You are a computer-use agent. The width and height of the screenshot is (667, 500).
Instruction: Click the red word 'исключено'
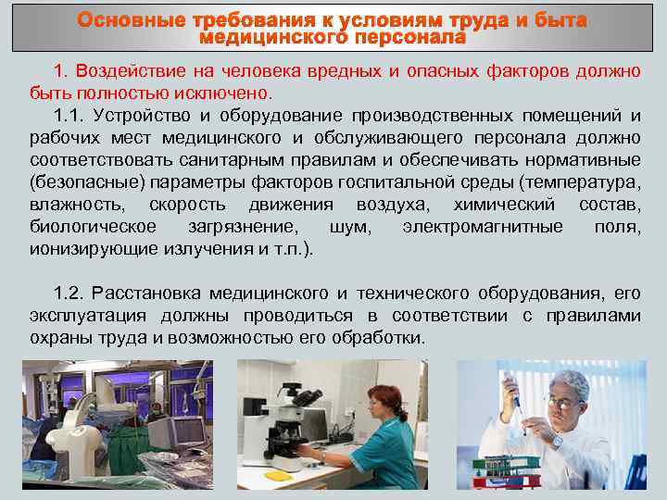(x=232, y=94)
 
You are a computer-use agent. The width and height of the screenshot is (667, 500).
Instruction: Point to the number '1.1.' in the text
(x=69, y=116)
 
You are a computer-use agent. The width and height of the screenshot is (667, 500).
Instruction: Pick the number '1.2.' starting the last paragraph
(x=70, y=294)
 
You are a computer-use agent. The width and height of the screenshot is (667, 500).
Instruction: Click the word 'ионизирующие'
(x=80, y=249)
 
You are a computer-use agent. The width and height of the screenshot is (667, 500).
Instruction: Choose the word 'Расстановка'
(x=147, y=294)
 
